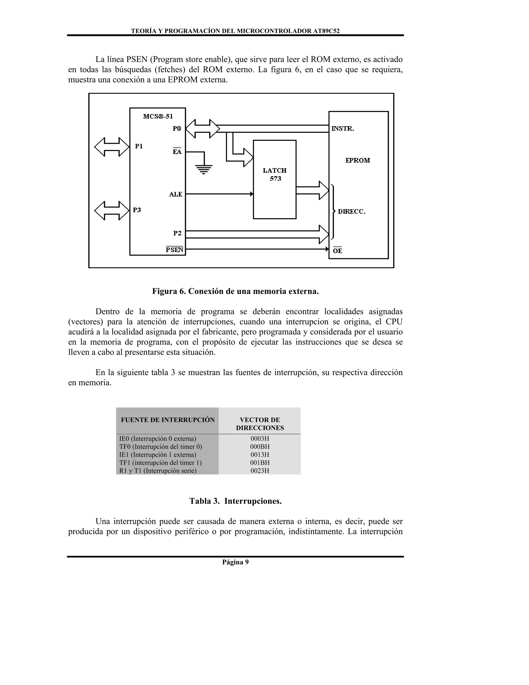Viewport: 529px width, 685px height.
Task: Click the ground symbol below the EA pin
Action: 204,169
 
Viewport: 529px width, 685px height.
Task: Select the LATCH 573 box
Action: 275,179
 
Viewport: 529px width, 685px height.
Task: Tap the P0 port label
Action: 177,128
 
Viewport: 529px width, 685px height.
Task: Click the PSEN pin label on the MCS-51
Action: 174,250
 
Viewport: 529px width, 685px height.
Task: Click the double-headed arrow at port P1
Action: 112,147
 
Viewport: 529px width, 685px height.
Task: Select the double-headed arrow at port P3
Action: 112,210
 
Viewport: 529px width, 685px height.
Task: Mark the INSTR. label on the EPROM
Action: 343,128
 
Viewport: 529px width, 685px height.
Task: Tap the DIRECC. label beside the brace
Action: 351,212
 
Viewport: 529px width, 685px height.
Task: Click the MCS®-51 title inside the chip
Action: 158,116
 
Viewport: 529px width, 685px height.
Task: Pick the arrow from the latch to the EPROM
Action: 312,191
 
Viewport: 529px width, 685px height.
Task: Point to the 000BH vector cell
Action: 260,447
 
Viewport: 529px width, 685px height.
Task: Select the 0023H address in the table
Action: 260,470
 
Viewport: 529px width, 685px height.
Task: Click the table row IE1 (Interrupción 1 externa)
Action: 158,454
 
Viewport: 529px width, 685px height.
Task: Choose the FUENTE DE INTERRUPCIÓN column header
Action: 168,420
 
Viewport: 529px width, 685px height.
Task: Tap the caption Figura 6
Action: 235,291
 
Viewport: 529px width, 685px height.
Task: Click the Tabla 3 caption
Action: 235,501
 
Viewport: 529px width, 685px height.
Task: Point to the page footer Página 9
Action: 235,570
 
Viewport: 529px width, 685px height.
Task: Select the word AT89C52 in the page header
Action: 326,31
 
